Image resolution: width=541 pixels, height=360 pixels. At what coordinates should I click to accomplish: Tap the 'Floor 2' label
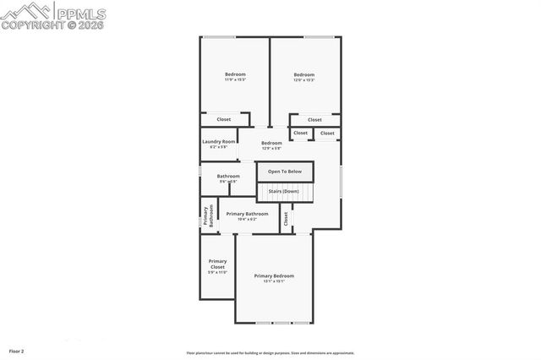pyautogui.click(x=17, y=351)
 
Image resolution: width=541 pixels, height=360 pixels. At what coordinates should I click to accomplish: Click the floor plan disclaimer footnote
pyautogui.click(x=270, y=353)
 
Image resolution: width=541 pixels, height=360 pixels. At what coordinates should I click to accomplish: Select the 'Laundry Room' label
pyautogui.click(x=218, y=141)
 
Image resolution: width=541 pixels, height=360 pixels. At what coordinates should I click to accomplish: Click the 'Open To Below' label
pyautogui.click(x=285, y=172)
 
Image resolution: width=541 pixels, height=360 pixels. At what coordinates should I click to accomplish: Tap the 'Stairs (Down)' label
pyautogui.click(x=284, y=192)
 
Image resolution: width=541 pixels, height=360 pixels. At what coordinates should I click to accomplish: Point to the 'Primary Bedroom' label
pyautogui.click(x=274, y=275)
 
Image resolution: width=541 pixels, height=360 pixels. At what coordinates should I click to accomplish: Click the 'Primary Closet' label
pyautogui.click(x=217, y=264)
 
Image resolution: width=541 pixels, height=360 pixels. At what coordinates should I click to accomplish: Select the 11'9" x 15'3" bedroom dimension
pyautogui.click(x=235, y=80)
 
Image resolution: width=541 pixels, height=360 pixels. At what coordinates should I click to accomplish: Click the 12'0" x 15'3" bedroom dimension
pyautogui.click(x=304, y=80)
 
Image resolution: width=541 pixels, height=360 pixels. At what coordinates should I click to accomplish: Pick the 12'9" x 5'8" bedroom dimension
pyautogui.click(x=271, y=149)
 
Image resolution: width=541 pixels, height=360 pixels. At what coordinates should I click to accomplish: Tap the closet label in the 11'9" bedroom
pyautogui.click(x=224, y=119)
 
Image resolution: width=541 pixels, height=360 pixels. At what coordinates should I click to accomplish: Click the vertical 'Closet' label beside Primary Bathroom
pyautogui.click(x=287, y=218)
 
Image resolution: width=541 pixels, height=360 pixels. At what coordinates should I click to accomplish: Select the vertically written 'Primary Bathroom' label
pyautogui.click(x=207, y=215)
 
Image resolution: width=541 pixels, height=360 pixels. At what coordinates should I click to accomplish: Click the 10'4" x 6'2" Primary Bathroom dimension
pyautogui.click(x=247, y=219)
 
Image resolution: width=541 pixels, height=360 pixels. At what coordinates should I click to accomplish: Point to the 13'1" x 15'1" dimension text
pyautogui.click(x=274, y=281)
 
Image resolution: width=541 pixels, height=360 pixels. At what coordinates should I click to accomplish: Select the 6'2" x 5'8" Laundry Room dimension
pyautogui.click(x=218, y=147)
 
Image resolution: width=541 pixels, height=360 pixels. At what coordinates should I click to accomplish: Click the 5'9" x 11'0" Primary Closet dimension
pyautogui.click(x=217, y=273)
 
